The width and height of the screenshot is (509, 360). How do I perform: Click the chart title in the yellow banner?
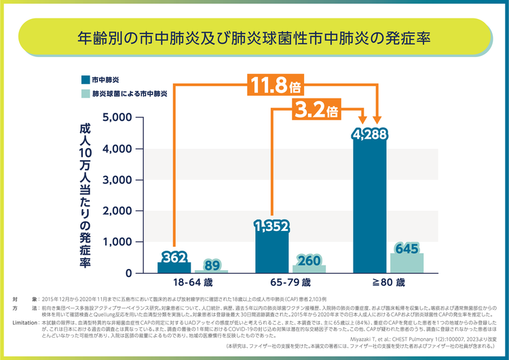click(254, 37)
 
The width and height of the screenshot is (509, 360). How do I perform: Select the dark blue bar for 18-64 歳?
click(174, 268)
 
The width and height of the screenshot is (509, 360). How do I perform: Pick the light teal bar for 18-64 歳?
click(211, 271)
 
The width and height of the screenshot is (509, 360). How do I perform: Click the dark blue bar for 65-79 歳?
click(272, 253)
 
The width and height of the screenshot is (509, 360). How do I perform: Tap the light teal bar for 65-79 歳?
click(309, 269)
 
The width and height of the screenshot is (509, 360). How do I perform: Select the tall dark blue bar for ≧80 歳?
click(370, 204)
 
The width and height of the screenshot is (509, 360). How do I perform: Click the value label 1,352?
click(272, 227)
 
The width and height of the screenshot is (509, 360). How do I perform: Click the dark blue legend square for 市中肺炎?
click(85, 79)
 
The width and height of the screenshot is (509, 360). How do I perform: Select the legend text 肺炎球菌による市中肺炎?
click(130, 94)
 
